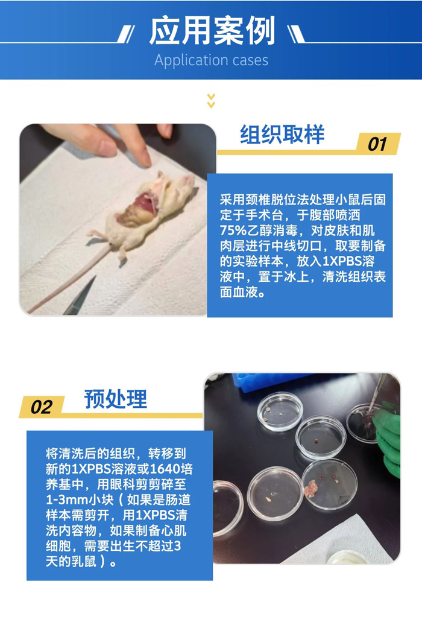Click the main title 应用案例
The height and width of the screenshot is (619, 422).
click(x=212, y=31)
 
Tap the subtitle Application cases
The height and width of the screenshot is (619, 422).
click(x=211, y=60)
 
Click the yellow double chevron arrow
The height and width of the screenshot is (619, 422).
click(x=211, y=101)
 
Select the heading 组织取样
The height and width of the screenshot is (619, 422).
click(x=282, y=134)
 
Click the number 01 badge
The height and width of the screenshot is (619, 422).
click(x=377, y=144)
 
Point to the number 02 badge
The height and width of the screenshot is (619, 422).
click(x=42, y=407)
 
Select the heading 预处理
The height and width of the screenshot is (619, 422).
click(x=115, y=399)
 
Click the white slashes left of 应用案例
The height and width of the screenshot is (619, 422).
click(x=126, y=34)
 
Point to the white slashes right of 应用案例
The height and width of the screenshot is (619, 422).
click(x=296, y=34)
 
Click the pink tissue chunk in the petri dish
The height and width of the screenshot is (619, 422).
click(x=311, y=489)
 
